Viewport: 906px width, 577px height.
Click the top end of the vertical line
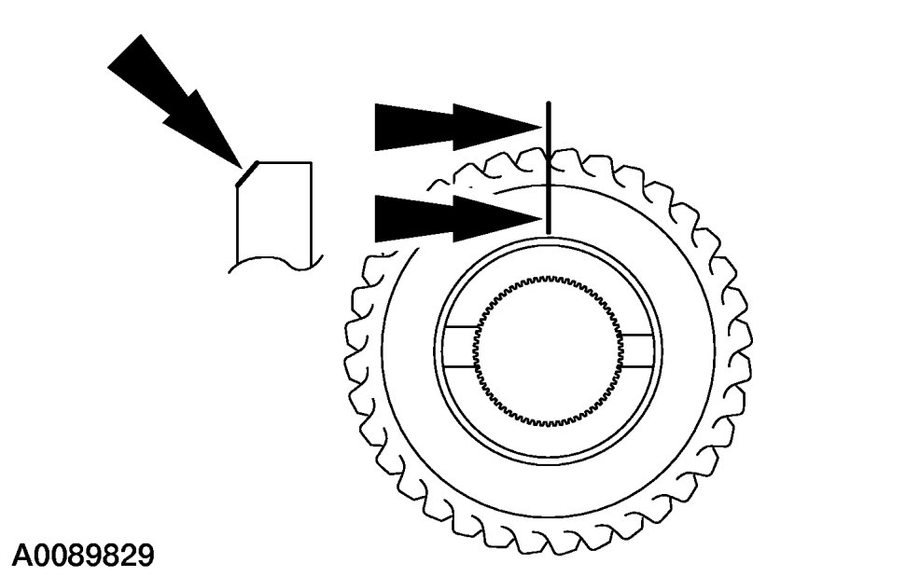click(x=549, y=102)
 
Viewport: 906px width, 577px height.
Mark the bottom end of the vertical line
click(x=549, y=233)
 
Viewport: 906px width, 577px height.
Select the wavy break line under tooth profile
click(x=275, y=264)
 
